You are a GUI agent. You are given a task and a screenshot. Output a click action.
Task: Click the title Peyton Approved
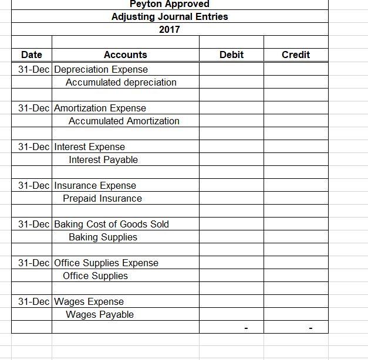(170, 4)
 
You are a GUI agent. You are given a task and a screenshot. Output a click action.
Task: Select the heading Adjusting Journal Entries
(170, 16)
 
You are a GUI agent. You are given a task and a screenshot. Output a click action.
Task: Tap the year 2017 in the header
(170, 29)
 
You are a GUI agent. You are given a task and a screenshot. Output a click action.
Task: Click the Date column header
(31, 55)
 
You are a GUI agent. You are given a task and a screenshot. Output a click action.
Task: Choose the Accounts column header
(125, 55)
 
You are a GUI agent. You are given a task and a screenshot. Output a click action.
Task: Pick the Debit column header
(231, 55)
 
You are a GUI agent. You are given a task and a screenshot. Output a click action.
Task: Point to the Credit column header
(296, 55)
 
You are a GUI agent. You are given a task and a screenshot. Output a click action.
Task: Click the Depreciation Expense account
(101, 69)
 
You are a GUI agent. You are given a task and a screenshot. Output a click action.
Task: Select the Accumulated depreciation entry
(121, 82)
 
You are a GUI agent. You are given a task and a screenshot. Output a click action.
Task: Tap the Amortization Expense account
(100, 108)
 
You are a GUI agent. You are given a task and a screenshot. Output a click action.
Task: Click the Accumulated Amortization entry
(124, 121)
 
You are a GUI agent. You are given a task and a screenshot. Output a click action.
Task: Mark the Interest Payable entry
(103, 159)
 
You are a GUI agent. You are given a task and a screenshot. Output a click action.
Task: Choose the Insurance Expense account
(95, 185)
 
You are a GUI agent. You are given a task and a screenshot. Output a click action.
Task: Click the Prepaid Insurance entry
(103, 198)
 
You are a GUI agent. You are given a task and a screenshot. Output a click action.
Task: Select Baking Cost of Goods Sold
(112, 224)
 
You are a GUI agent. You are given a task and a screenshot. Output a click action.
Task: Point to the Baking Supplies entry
(103, 237)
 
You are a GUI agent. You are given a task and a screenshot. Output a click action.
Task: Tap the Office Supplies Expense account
(106, 263)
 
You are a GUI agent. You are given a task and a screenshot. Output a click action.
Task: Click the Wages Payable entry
(100, 314)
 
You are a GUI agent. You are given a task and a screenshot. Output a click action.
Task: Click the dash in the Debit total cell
(246, 328)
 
